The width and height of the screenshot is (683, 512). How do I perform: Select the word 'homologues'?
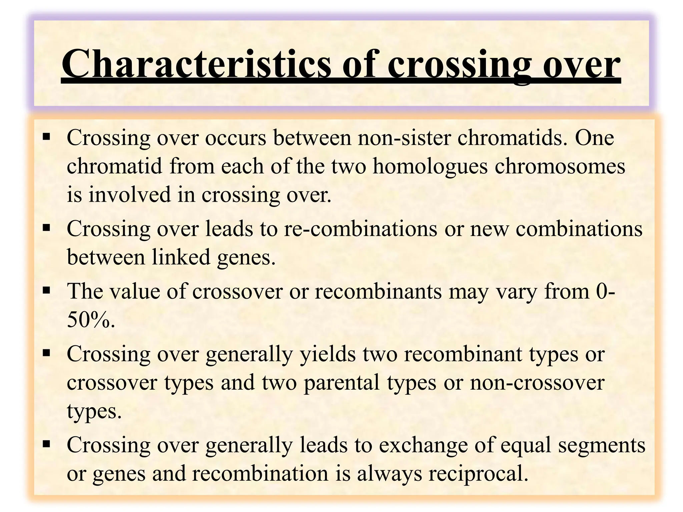[x=430, y=166]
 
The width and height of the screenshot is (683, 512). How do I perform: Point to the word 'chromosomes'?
[x=560, y=166]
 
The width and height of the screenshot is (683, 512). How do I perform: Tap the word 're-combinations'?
[x=361, y=229]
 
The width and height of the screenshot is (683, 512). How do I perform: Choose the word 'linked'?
[x=181, y=257]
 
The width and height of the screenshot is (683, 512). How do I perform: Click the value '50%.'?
[x=91, y=320]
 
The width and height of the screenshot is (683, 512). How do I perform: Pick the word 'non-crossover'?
[x=537, y=382]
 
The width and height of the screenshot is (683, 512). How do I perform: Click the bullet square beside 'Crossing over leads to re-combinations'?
[x=46, y=228]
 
